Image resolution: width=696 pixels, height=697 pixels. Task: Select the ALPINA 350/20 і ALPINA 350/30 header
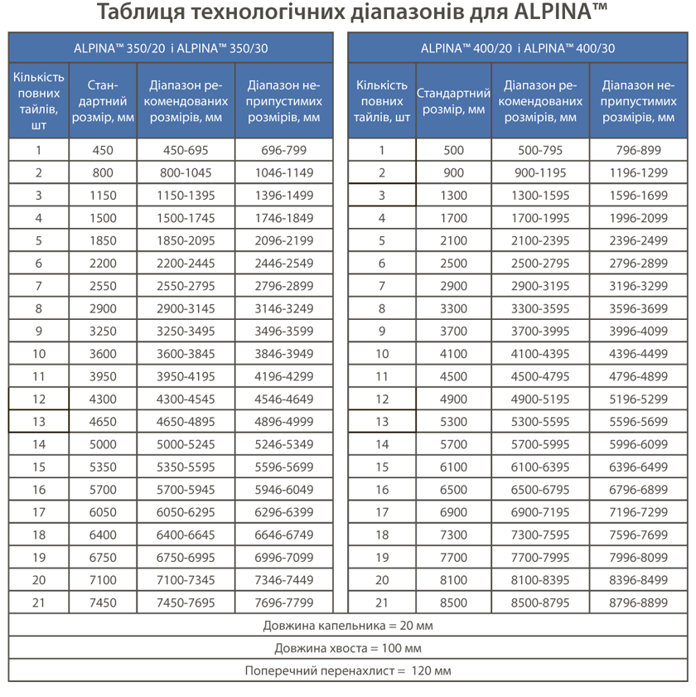(x=170, y=48)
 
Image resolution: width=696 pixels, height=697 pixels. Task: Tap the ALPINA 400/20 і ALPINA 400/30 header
(x=517, y=48)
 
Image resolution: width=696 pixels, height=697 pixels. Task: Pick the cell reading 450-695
(x=186, y=150)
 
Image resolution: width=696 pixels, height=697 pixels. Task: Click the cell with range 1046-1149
(x=283, y=173)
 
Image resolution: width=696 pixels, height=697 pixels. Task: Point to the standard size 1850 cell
(x=103, y=241)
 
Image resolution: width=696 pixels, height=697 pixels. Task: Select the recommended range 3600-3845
(x=186, y=354)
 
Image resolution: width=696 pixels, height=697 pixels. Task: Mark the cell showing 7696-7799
(x=283, y=603)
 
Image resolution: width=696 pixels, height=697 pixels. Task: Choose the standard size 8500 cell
(x=453, y=603)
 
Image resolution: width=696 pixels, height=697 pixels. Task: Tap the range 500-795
(x=540, y=150)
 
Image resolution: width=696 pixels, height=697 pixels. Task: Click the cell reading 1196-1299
(x=638, y=173)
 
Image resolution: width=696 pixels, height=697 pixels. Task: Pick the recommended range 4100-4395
(x=540, y=354)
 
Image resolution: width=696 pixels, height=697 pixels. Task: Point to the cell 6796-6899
(x=638, y=490)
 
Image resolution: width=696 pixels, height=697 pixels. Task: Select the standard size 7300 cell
(x=453, y=535)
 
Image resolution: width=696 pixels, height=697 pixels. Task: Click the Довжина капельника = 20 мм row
(x=348, y=625)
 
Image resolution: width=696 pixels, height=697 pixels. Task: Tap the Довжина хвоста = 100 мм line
(x=348, y=648)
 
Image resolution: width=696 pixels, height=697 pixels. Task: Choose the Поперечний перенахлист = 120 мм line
(x=348, y=670)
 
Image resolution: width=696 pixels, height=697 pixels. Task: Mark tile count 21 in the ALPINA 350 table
(x=38, y=603)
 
